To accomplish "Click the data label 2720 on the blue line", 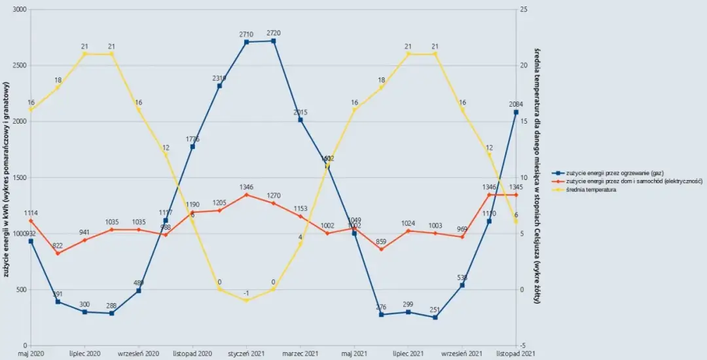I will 274,33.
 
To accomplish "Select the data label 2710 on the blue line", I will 246,33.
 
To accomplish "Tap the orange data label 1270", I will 274,195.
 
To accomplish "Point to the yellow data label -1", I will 246,293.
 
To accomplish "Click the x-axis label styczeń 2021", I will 246,353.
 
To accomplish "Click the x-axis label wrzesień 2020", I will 138,353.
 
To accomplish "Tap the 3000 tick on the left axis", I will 20,10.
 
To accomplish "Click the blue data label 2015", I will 300,113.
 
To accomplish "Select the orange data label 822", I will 58,245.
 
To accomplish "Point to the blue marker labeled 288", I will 111,314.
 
